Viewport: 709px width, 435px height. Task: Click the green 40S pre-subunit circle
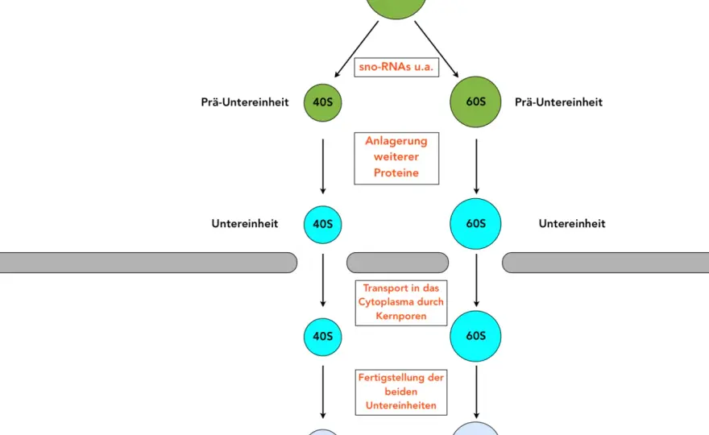[x=323, y=102]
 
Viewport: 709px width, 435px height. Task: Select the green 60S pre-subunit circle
[x=475, y=101]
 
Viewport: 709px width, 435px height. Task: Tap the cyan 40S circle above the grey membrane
[x=323, y=225]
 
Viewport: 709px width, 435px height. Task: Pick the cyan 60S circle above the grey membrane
[x=475, y=224]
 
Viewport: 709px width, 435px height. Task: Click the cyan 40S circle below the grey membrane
[x=323, y=337]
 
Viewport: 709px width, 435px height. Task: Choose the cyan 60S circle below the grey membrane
[x=475, y=336]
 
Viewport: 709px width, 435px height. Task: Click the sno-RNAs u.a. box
[x=396, y=67]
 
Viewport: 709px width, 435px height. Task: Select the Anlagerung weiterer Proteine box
[x=396, y=158]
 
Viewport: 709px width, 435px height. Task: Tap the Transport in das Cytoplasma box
[x=401, y=303]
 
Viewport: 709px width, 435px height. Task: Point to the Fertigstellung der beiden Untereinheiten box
[x=401, y=392]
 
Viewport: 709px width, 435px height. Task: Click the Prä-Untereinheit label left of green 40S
[x=245, y=102]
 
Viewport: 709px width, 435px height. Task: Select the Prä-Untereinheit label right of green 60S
[x=558, y=102]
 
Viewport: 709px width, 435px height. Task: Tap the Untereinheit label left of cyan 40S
[x=245, y=224]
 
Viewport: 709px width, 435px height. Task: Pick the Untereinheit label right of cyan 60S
[x=572, y=224]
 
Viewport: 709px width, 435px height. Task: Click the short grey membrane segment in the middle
[x=398, y=263]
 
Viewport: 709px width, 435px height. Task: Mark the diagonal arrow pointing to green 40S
[x=356, y=49]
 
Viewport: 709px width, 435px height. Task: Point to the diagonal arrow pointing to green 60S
[x=437, y=49]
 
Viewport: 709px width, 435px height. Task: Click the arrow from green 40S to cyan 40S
[x=323, y=167]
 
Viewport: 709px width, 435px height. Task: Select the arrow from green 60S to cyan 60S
[x=476, y=167]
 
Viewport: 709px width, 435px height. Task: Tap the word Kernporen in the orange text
[x=401, y=316]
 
